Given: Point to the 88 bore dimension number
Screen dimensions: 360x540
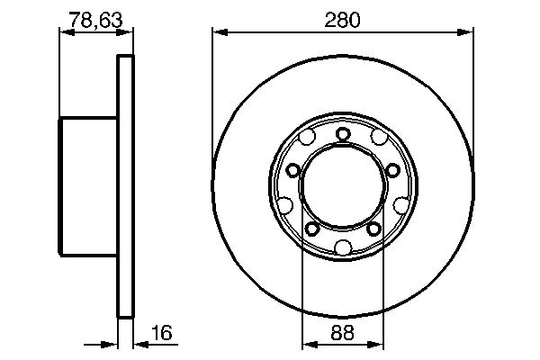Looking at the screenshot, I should (343, 331).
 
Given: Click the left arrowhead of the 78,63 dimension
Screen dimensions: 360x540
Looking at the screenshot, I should (65, 31).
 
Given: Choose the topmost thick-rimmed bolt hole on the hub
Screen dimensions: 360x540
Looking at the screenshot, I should (343, 135).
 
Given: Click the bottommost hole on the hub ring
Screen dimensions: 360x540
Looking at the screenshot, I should (343, 249).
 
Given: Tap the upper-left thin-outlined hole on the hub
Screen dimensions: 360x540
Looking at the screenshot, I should (308, 139).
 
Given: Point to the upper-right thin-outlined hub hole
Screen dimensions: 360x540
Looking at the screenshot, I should (378, 139).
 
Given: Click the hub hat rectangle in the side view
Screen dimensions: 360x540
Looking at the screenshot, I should (89, 187).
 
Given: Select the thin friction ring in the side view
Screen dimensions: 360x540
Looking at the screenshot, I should (126, 187).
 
